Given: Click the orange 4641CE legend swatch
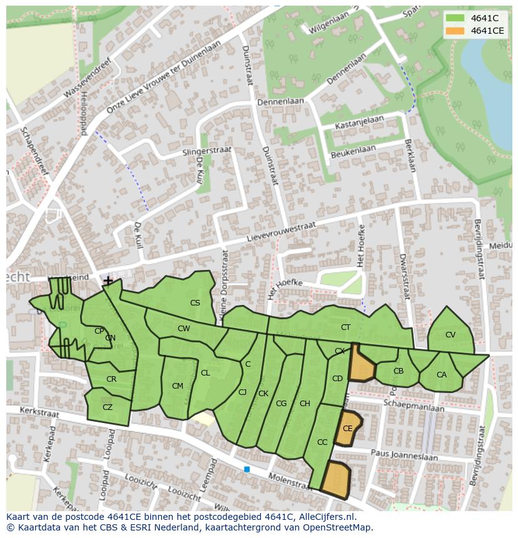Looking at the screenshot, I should (x=455, y=31).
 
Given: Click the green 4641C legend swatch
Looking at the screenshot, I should (x=455, y=18).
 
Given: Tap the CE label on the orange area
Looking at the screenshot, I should (x=348, y=429).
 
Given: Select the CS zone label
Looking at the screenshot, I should (x=195, y=303).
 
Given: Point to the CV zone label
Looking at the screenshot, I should (x=450, y=335).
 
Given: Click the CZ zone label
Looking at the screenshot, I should (x=108, y=407).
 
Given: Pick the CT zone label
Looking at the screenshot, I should (x=346, y=327).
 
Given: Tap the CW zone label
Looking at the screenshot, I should (x=183, y=329).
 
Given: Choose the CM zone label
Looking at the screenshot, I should (x=178, y=386).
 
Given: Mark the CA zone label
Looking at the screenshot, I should (x=442, y=375).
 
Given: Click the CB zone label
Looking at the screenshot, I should (x=399, y=371).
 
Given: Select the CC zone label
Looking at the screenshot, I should (x=322, y=442).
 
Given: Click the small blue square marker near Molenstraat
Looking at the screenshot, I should (x=247, y=469).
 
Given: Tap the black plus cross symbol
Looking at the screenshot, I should (x=108, y=281).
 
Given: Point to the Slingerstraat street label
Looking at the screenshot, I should (x=207, y=152).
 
